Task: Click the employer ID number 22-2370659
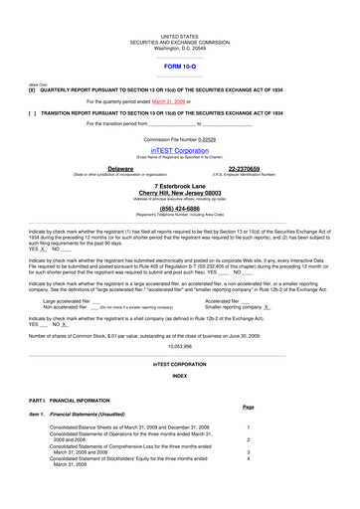click(x=244, y=170)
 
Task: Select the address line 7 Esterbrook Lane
click(x=179, y=186)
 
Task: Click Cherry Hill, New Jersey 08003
click(x=179, y=193)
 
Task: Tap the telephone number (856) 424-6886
click(x=179, y=209)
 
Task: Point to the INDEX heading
click(x=179, y=377)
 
